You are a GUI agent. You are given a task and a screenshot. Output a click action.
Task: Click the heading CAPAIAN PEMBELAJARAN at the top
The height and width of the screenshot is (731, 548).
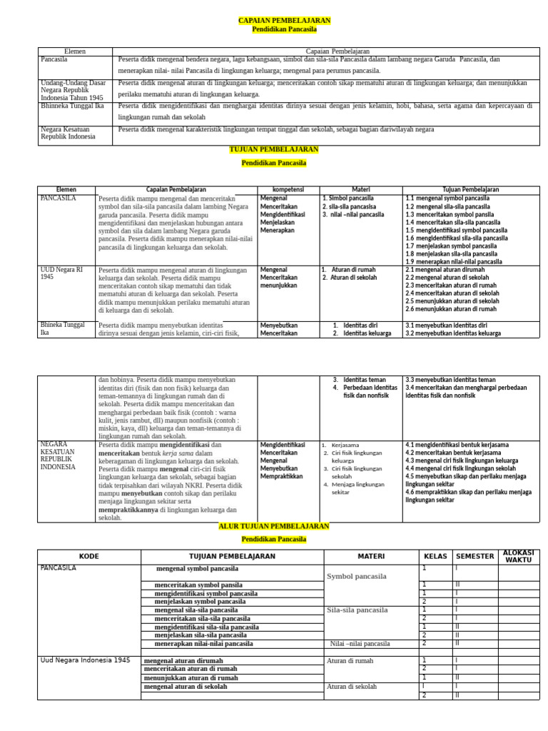click(x=274, y=21)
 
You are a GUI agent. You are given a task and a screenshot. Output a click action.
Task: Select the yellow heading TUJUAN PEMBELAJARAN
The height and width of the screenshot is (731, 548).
click(x=274, y=150)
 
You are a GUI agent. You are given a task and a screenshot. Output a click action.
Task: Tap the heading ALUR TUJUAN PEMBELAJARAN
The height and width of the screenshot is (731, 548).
click(x=274, y=526)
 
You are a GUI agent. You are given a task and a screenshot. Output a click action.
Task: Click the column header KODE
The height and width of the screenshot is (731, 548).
click(x=89, y=556)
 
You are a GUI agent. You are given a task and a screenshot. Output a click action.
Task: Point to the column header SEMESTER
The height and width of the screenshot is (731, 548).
click(x=475, y=556)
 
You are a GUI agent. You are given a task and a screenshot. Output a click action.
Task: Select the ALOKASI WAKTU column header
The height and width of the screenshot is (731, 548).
click(x=519, y=556)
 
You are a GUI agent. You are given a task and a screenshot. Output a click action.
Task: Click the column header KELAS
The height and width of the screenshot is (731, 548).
click(x=435, y=556)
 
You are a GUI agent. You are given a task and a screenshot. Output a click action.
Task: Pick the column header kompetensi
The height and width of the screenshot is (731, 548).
click(x=289, y=189)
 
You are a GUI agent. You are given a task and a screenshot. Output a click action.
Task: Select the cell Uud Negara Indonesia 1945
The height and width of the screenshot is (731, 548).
click(x=85, y=660)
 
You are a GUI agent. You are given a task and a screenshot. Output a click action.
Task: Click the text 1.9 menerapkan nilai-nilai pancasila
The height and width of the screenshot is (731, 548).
click(x=453, y=261)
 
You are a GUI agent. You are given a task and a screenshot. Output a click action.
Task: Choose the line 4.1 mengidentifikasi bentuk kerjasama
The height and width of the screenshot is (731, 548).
click(x=457, y=445)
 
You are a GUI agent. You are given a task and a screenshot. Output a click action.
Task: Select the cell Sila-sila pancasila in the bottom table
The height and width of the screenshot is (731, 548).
click(x=357, y=610)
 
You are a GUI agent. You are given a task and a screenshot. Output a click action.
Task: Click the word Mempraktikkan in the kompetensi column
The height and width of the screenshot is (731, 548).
click(x=283, y=476)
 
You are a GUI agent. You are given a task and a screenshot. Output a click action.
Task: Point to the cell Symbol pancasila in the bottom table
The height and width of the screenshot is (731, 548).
click(x=357, y=576)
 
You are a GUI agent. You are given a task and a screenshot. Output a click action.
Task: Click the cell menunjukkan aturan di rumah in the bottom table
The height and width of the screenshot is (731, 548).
click(x=191, y=677)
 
